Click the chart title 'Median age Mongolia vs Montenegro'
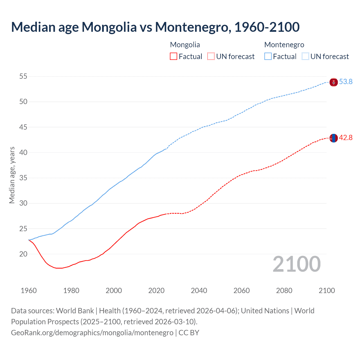pyautogui.click(x=155, y=27)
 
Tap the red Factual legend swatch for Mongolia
pyautogui.click(x=174, y=56)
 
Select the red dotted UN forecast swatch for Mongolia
pyautogui.click(x=211, y=56)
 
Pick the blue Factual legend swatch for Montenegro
pyautogui.click(x=268, y=56)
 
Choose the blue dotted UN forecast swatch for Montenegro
pyautogui.click(x=305, y=56)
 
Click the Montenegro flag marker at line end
pyautogui.click(x=334, y=82)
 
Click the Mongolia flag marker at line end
pyautogui.click(x=334, y=138)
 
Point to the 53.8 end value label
pyautogui.click(x=346, y=82)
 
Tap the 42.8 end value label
pyautogui.click(x=346, y=138)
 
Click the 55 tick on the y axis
pyautogui.click(x=23, y=76)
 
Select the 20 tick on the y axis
pyautogui.click(x=23, y=254)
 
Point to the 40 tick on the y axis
pyautogui.click(x=23, y=152)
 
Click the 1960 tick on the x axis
pyautogui.click(x=29, y=291)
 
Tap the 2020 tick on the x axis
pyautogui.click(x=156, y=291)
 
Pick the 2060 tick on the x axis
pyautogui.click(x=242, y=291)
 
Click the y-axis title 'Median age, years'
pyautogui.click(x=12, y=175)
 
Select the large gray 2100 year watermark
pyautogui.click(x=296, y=264)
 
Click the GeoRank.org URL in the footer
pyautogui.click(x=92, y=333)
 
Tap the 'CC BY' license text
pyautogui.click(x=189, y=333)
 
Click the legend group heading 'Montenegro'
pyautogui.click(x=284, y=45)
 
